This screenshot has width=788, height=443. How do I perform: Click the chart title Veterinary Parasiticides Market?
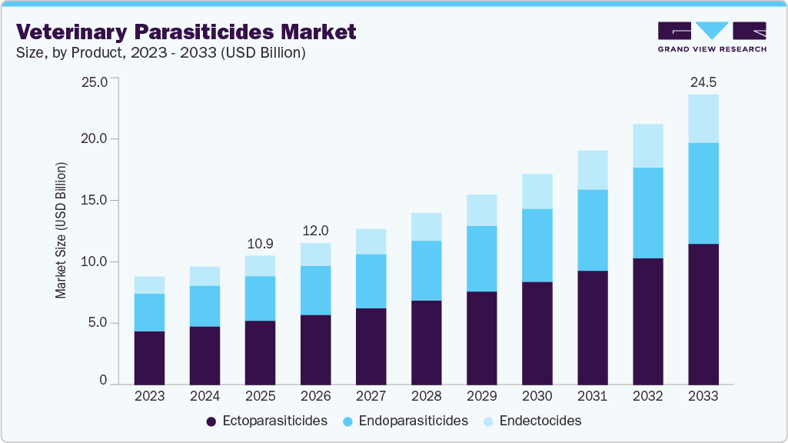186,32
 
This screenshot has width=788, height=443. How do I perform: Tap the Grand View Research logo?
712,36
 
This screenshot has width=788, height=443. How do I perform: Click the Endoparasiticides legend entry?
404,421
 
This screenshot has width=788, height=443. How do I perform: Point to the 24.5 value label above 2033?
703,82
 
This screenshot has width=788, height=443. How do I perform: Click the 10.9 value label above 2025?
260,243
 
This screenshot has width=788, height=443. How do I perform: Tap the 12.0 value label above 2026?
315,231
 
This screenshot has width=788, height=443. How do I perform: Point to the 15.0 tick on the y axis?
95,201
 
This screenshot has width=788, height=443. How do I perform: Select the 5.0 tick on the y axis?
98,323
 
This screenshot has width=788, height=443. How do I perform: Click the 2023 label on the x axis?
149,396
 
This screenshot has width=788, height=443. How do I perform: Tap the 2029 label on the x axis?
481,396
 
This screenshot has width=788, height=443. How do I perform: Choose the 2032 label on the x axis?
647,396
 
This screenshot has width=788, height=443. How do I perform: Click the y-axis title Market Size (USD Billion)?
61,231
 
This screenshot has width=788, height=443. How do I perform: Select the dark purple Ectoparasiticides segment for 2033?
703,314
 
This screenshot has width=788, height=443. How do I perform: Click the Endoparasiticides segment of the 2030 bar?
537,245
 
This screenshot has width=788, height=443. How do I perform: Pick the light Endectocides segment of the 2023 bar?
149,285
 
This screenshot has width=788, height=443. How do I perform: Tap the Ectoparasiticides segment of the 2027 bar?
371,346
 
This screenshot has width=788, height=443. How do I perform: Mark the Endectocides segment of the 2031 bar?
592,170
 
